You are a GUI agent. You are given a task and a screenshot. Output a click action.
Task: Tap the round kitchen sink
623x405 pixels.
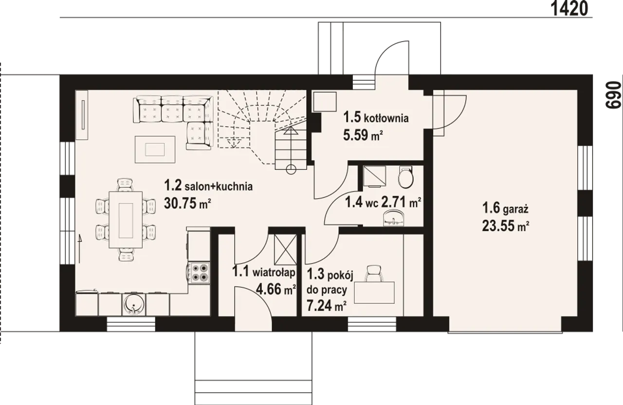[x=134, y=305]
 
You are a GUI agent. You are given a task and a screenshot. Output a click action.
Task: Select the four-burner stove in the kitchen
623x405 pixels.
[x=199, y=273]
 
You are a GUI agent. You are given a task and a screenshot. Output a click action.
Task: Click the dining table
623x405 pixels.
[x=126, y=219]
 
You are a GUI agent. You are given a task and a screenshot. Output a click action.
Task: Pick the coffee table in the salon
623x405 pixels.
[x=155, y=149]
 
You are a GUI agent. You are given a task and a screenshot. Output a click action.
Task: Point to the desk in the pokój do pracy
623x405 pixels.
[x=374, y=293]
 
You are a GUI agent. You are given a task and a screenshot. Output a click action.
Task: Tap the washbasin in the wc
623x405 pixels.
[x=393, y=218]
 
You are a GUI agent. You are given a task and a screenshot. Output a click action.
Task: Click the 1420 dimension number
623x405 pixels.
[x=569, y=8]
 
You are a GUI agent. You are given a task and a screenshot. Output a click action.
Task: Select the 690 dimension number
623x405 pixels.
[x=613, y=95]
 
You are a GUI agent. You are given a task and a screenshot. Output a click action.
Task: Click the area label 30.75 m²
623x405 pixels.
[x=187, y=203]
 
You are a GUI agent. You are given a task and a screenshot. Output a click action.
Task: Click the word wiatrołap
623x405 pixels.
[x=274, y=273]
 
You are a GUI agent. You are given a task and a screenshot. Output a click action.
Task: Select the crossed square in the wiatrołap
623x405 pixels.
[x=286, y=249]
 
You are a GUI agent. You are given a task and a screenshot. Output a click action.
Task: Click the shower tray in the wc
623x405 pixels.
[x=374, y=176]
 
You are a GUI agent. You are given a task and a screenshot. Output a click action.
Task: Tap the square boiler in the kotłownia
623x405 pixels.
[x=325, y=102]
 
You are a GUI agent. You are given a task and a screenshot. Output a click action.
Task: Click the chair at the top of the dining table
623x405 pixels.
[x=125, y=185]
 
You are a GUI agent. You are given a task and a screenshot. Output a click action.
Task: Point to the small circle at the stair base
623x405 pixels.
[x=291, y=169]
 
